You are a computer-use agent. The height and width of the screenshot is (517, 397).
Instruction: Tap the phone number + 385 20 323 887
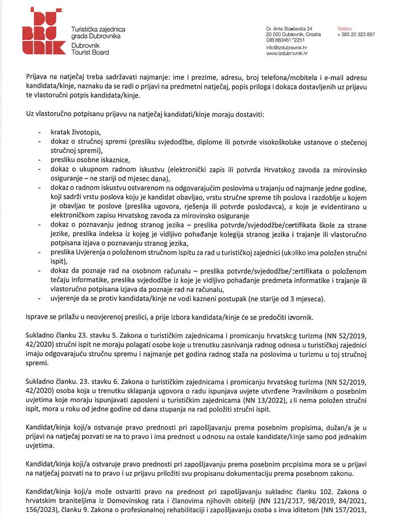coord(355,35)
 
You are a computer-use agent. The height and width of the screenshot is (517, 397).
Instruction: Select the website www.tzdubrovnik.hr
coord(287,54)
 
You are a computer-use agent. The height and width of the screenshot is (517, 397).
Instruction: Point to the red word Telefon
coord(345,28)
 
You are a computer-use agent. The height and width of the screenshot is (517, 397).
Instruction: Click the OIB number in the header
coord(289,40)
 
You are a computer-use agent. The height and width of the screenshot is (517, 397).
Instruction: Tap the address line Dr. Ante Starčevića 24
coord(293,28)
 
